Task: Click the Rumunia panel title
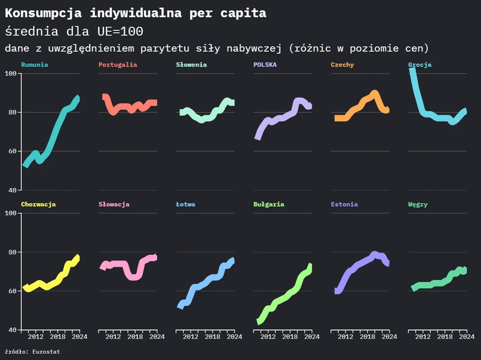point(35,64)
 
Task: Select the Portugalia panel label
point(118,64)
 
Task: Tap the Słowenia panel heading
point(191,64)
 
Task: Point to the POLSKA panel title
point(265,64)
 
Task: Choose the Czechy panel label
point(342,64)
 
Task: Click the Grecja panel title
point(419,64)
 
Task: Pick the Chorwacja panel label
point(38,204)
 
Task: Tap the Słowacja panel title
point(114,204)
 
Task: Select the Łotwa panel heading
point(185,204)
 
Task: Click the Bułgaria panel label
point(269,204)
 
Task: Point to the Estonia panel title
point(344,204)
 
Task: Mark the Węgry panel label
point(418,204)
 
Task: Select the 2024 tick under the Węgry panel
point(466,337)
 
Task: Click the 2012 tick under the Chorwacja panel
point(36,337)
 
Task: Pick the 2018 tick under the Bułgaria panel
point(290,337)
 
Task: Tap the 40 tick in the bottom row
point(13,330)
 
